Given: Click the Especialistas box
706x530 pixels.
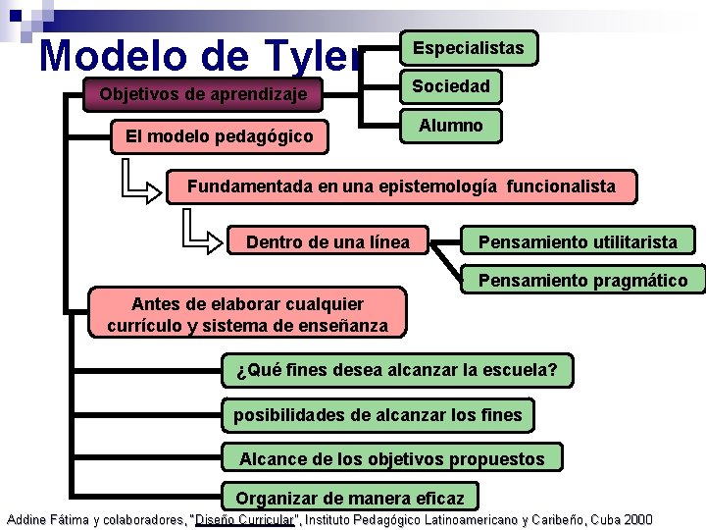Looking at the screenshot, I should coord(468,48).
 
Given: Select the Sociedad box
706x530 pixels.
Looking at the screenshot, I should coord(451,87).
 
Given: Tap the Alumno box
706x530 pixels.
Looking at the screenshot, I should coord(451,127).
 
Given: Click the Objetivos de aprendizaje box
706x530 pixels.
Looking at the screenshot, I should coord(203,95).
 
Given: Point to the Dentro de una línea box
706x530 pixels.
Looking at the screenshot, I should coord(328,242).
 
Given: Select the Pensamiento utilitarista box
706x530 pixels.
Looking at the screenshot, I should coord(577,242).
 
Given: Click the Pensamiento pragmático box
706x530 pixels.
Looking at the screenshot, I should coord(582,281).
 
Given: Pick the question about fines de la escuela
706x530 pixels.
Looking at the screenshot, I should coord(397,371).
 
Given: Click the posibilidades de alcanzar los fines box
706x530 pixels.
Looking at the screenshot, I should coord(378,415).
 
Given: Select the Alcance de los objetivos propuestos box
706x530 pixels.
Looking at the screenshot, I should coord(392,459).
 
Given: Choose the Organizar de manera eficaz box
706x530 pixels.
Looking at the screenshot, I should coord(349,498).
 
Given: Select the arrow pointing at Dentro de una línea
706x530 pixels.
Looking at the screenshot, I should coord(205,238).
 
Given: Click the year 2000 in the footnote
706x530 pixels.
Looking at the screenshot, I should coord(636,519).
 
